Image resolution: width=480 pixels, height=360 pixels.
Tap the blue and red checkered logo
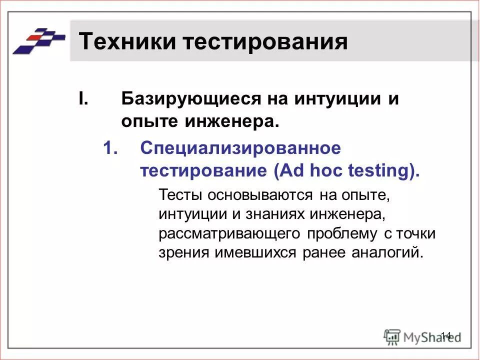click(38, 40)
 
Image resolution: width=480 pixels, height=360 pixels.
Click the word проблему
click(342, 233)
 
